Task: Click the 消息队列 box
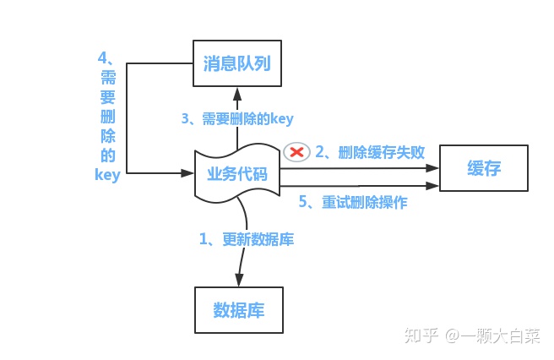237,63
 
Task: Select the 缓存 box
484,168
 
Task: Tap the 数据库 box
239,310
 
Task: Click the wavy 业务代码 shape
237,173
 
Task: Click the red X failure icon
296,152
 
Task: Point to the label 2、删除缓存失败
370,152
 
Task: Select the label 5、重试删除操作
353,202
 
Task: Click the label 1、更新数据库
247,239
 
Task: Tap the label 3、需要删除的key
237,119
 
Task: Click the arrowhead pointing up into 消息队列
237,94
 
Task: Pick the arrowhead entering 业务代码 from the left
187,173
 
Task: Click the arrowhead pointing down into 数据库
239,280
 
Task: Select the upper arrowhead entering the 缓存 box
432,168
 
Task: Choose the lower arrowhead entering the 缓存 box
432,186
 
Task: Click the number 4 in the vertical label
102,57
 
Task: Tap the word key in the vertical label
108,175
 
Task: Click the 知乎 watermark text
421,335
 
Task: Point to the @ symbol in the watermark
453,335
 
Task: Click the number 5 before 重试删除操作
303,202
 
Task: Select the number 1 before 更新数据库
204,239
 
